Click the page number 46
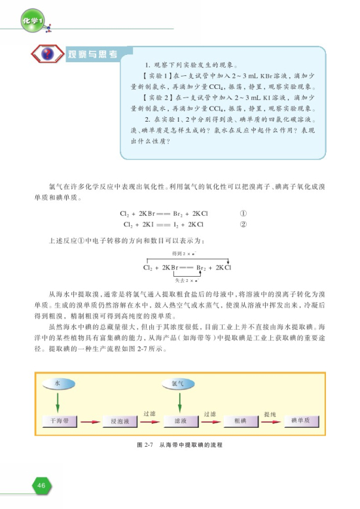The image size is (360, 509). point(41,485)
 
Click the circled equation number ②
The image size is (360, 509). point(243,225)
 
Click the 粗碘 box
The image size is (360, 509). point(238,421)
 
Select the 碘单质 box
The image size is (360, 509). point(300,420)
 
